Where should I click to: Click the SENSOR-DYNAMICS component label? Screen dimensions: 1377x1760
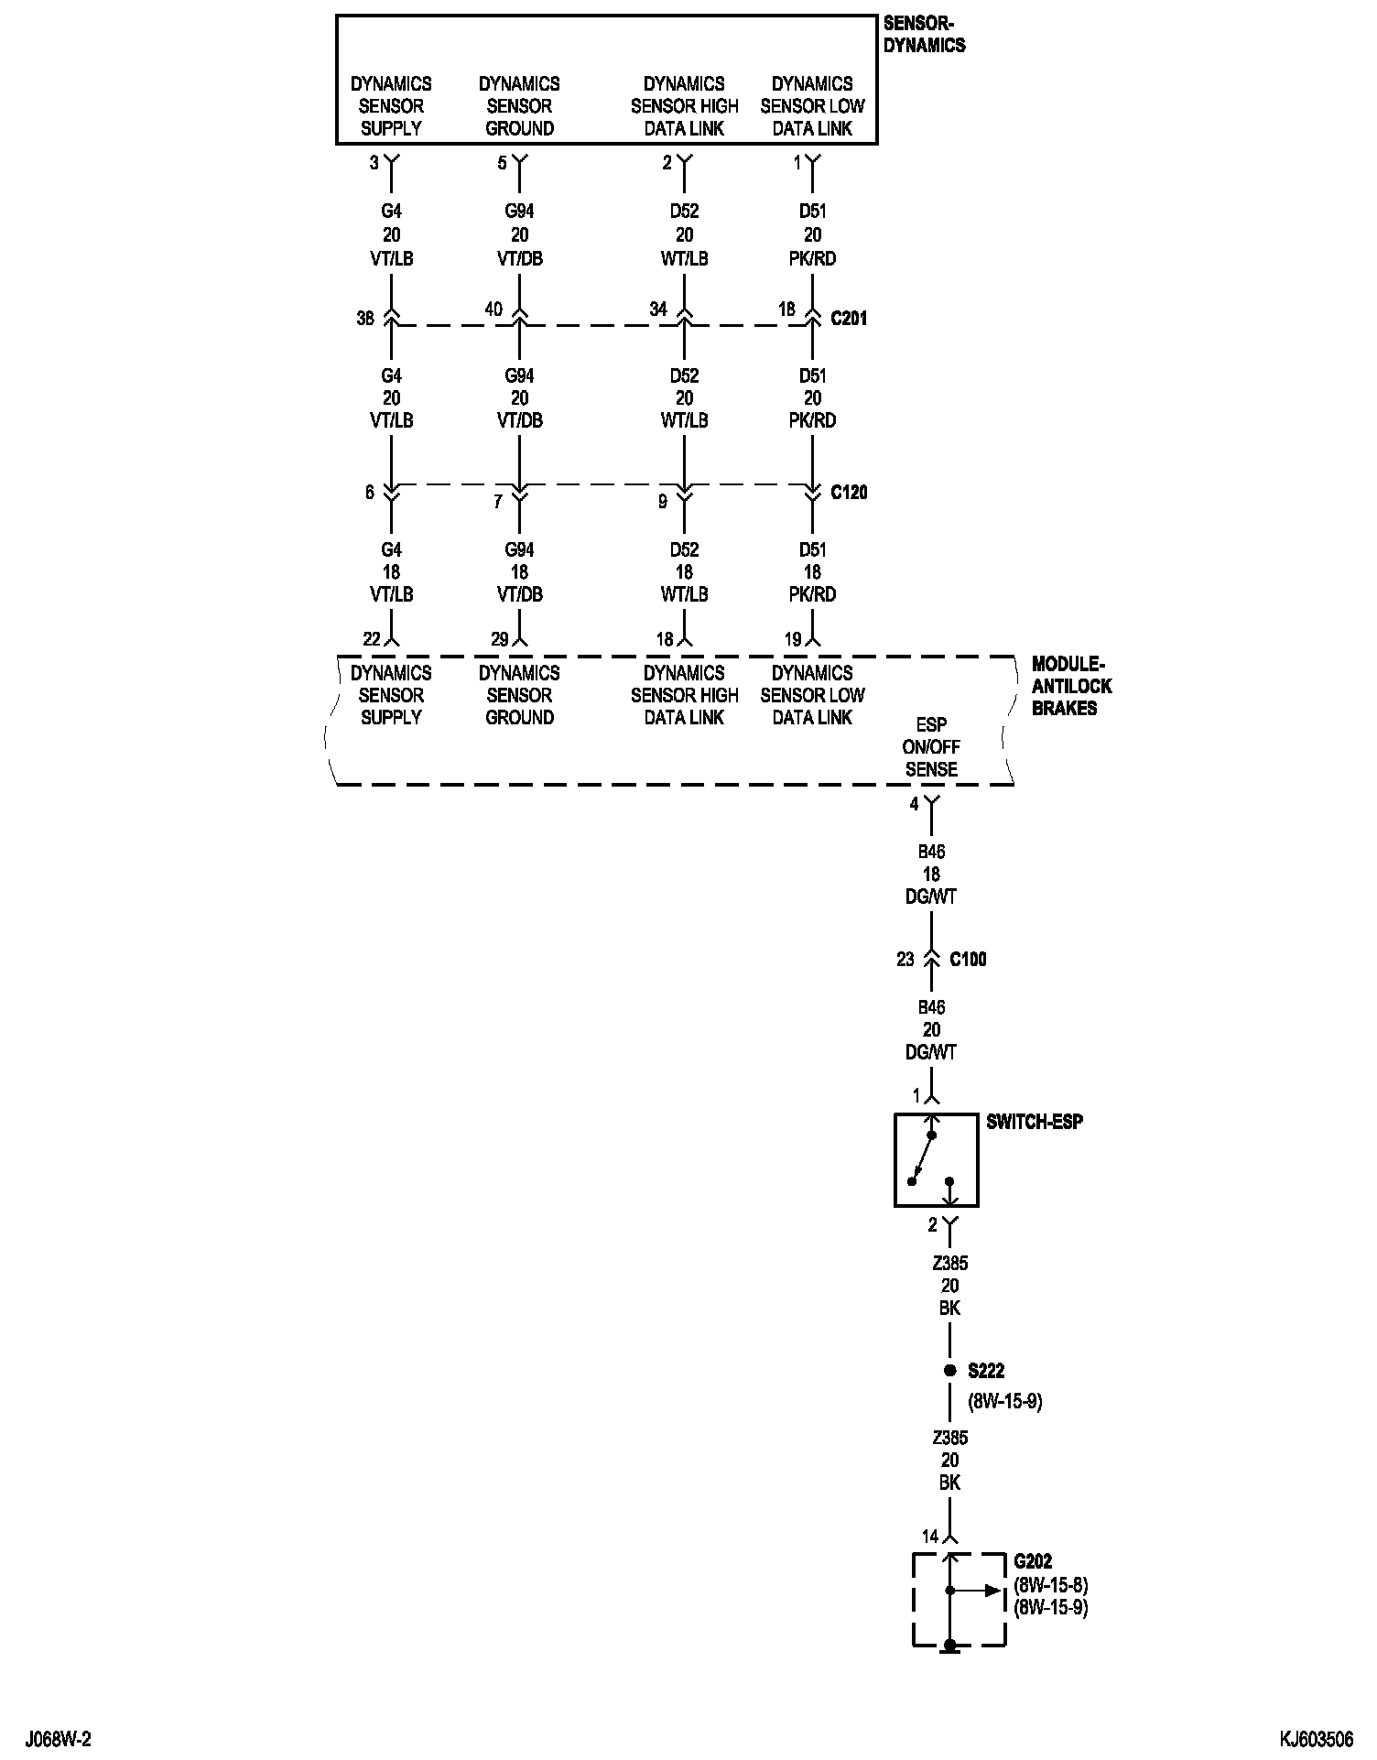tap(924, 35)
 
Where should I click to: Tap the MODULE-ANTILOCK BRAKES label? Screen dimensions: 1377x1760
tap(1071, 686)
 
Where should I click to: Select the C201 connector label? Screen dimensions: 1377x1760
tap(849, 319)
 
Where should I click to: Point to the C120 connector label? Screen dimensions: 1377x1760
tap(849, 493)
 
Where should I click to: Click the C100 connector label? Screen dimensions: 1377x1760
tap(968, 960)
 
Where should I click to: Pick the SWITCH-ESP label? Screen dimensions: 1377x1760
tap(1034, 1122)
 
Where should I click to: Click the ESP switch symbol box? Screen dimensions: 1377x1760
tap(936, 1160)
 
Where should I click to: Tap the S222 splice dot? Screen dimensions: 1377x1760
tap(949, 1371)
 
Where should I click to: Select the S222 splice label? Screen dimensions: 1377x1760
tap(986, 1371)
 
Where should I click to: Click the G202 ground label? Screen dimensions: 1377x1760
tap(1033, 1562)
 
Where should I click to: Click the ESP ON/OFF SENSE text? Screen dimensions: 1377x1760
tap(931, 747)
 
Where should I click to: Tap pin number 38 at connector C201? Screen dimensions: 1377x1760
tap(365, 320)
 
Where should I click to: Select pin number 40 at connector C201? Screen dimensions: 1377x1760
tap(493, 310)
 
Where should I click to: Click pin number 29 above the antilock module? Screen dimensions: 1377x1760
tap(499, 639)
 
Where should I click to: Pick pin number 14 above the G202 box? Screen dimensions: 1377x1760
tap(930, 1537)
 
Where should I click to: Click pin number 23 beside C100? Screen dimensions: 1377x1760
tap(905, 960)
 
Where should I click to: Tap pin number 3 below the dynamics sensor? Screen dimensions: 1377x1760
tap(374, 163)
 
